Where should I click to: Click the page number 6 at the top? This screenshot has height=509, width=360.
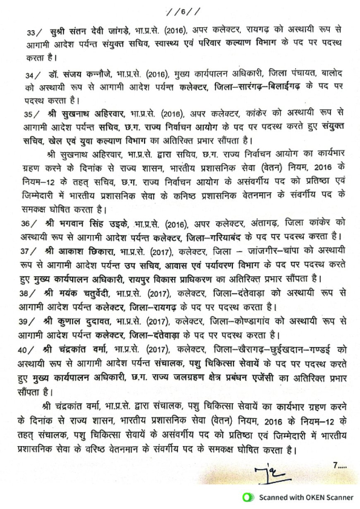(x=182, y=11)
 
